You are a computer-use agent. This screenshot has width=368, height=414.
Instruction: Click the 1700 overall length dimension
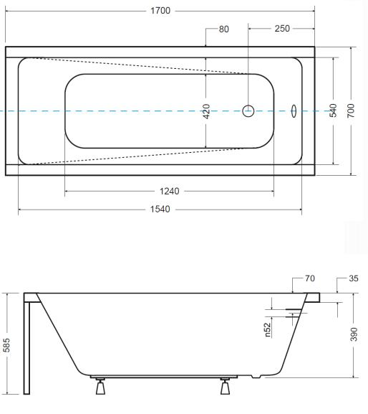[x=160, y=11]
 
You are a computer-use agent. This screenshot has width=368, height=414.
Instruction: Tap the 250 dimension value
[x=282, y=29]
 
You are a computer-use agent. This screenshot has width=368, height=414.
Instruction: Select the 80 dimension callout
[x=223, y=29]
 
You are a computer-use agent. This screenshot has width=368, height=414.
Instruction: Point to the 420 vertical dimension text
[x=207, y=111]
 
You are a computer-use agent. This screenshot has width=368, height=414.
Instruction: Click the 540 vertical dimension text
[x=333, y=110]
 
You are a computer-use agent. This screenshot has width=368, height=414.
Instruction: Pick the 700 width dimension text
[x=351, y=110]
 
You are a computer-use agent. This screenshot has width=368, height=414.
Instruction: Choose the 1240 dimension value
[x=170, y=191]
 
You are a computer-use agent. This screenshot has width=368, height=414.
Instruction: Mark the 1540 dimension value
[x=160, y=209]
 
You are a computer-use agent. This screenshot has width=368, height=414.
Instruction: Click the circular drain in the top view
[x=248, y=111]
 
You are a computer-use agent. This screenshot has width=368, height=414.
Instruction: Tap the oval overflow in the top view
[x=294, y=111]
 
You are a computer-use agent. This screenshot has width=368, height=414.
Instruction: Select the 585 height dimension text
[x=6, y=345]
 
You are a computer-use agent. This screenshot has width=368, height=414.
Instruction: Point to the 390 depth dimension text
[x=354, y=334]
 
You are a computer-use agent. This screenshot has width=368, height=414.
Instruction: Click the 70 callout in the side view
[x=310, y=278]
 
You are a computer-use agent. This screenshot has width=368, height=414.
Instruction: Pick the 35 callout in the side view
[x=354, y=278]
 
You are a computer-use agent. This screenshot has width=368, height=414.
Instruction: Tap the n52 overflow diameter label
[x=267, y=330]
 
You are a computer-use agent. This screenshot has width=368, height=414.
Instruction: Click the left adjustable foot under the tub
[x=100, y=386]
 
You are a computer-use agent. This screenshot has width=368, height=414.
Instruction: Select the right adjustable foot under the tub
[x=225, y=386]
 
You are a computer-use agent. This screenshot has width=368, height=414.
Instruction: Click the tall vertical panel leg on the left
[x=26, y=348]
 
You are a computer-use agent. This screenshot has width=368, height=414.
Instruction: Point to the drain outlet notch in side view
[x=256, y=376]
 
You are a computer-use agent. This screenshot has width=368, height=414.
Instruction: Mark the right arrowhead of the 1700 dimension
[x=313, y=11]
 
